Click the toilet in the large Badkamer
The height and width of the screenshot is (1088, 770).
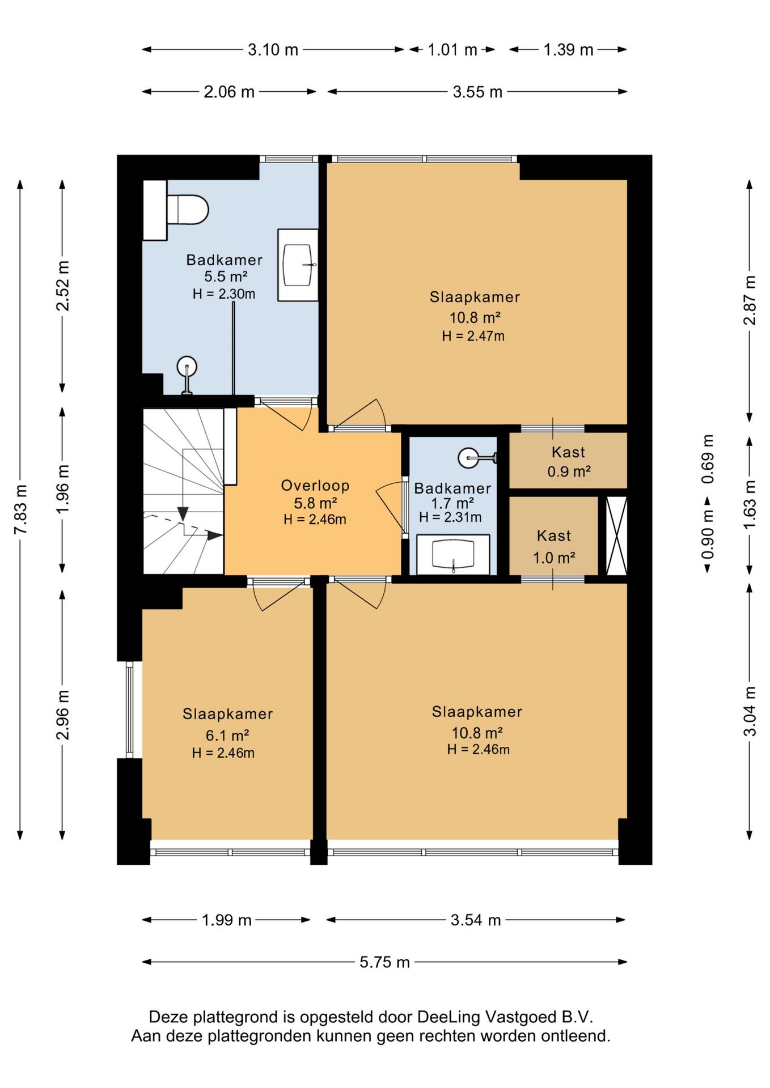coord(187,210)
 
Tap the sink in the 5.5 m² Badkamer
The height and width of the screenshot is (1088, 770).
coord(298,265)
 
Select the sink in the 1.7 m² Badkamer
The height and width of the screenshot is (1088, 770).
coord(453,554)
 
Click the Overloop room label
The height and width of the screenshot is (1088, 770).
coord(315,486)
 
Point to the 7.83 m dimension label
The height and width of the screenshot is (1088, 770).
coord(20,509)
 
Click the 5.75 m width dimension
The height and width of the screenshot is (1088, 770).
coord(384,962)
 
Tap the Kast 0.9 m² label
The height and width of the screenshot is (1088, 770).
coord(569,461)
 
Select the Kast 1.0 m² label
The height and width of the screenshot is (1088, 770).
coord(554,546)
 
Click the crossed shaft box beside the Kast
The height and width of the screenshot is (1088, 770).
coord(616,535)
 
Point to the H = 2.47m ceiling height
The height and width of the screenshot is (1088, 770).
coord(473,336)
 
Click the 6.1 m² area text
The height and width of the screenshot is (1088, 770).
coord(227,736)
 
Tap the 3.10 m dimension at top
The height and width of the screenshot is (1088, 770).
coord(273,50)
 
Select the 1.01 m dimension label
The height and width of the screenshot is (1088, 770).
coord(452,50)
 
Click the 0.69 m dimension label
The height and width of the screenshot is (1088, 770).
coord(708,459)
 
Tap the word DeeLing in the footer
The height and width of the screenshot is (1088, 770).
coord(449,1017)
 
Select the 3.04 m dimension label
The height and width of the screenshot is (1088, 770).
coord(750,711)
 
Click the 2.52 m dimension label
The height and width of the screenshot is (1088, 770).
coord(62,286)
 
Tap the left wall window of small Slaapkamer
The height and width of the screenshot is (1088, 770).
coord(130,709)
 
